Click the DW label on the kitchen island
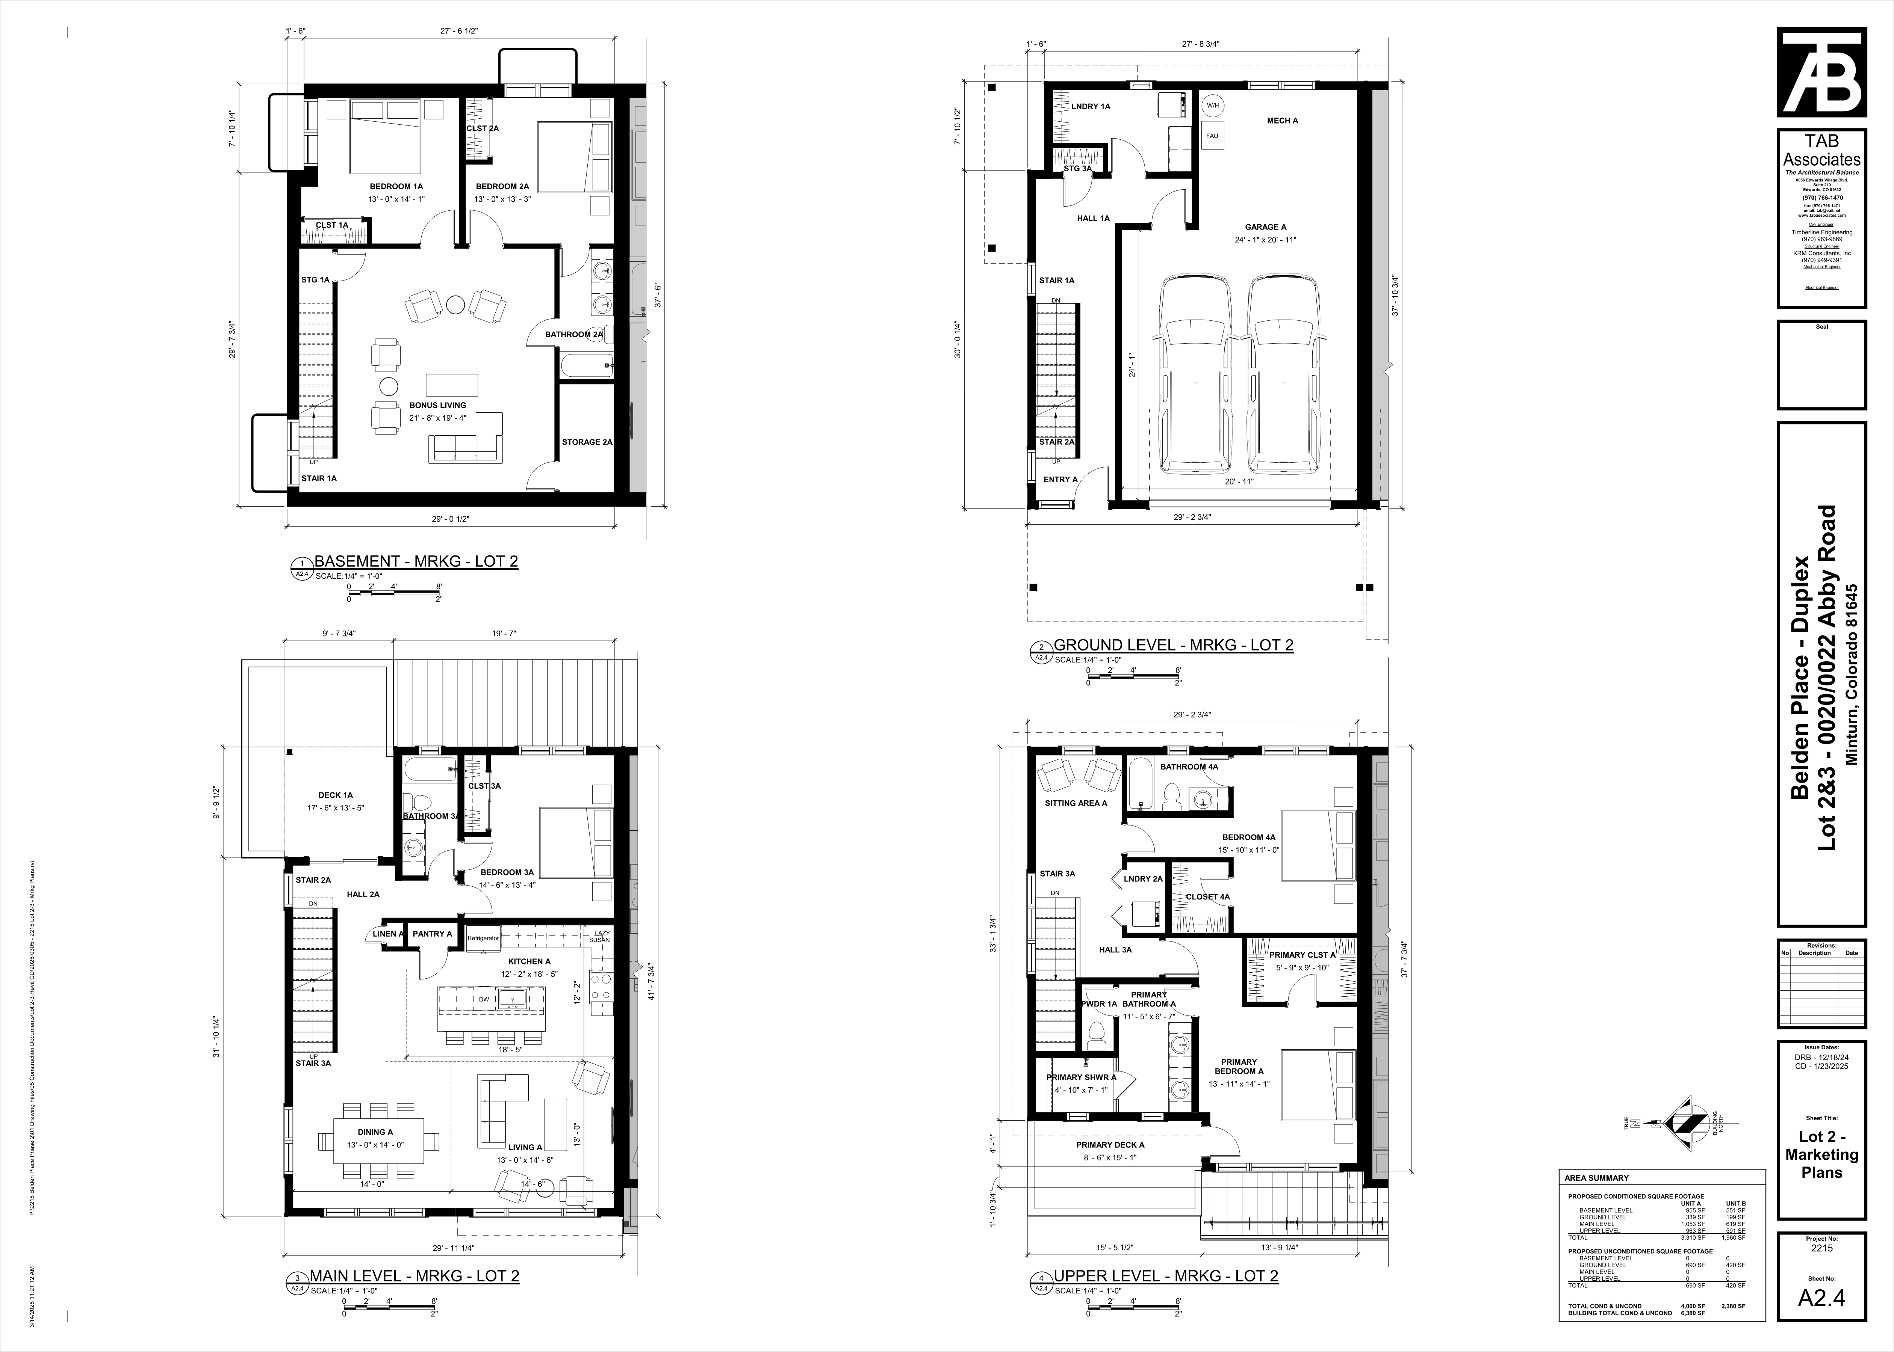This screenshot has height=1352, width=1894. [x=483, y=999]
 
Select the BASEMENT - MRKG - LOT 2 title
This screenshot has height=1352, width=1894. [x=416, y=561]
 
